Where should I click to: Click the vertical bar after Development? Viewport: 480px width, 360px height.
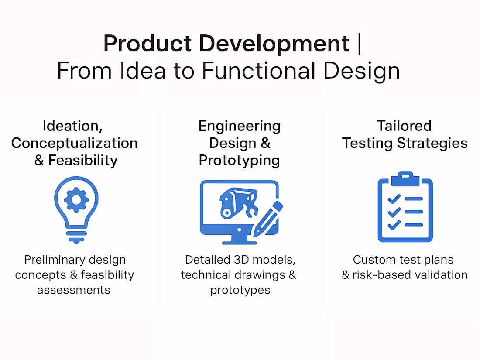tap(359, 44)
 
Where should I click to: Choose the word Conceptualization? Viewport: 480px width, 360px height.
tap(75, 143)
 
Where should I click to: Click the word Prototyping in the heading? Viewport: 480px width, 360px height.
tap(239, 160)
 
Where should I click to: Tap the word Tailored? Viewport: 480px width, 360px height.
tap(404, 126)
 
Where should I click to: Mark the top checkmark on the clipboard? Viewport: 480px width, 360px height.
tap(394, 199)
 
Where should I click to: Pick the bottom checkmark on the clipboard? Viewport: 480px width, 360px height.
tap(394, 225)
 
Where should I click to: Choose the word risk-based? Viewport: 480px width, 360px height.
tap(383, 275)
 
